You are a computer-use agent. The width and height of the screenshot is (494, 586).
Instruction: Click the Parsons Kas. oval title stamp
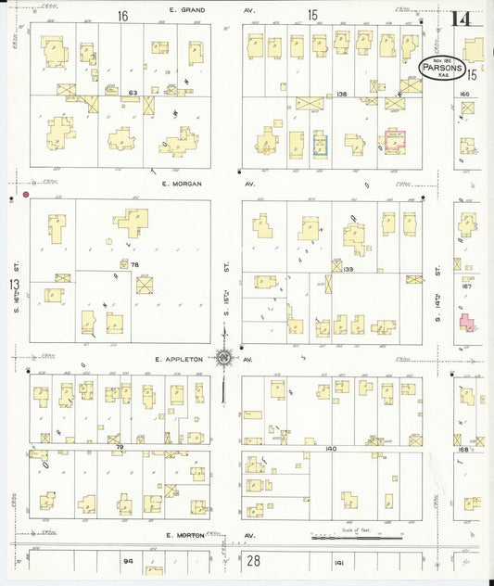tap(450, 68)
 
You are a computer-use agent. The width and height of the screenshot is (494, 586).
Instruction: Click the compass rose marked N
tap(224, 357)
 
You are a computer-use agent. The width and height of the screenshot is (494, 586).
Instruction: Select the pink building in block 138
tap(396, 140)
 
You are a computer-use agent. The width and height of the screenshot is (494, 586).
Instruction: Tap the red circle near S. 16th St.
tap(26, 195)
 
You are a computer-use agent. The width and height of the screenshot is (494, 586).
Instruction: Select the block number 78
tap(134, 265)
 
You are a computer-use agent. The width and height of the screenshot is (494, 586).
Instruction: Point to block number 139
tap(348, 270)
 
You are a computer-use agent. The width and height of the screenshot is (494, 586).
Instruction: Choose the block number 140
tap(331, 449)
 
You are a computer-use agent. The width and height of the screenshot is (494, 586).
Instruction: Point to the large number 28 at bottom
tap(253, 560)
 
